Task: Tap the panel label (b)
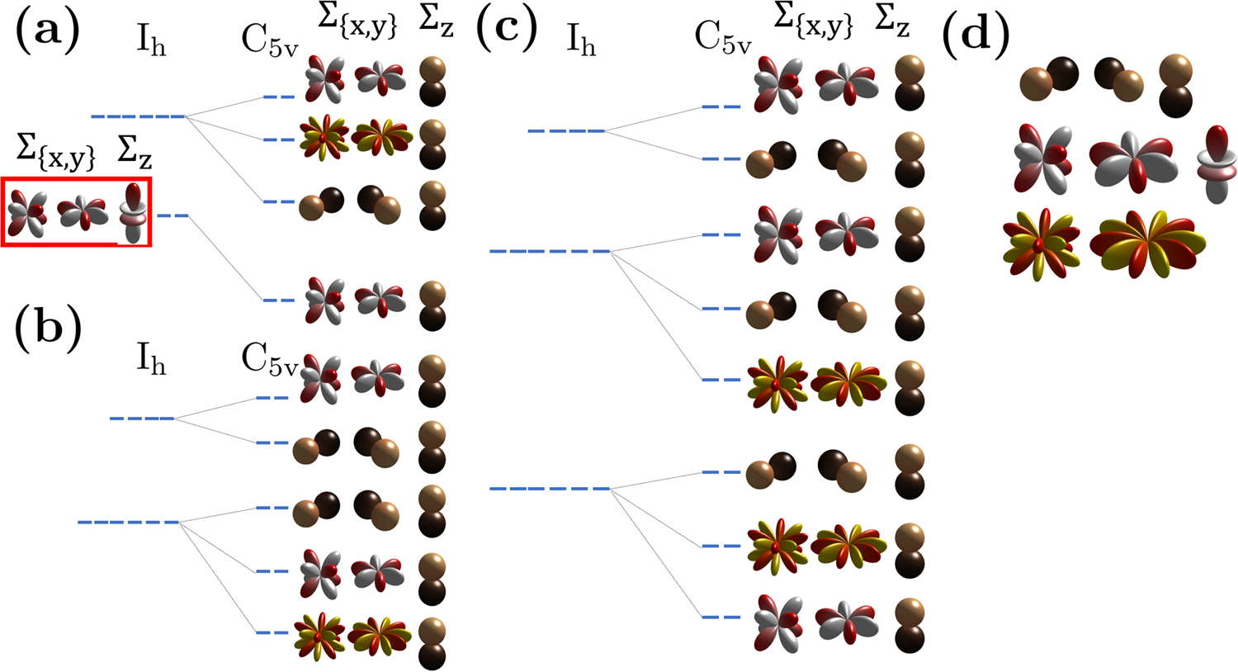click(47, 328)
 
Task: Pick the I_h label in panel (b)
click(151, 361)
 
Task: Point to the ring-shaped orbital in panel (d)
click(1217, 164)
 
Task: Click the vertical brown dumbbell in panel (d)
click(1175, 86)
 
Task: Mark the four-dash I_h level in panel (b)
click(142, 419)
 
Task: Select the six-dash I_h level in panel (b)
click(129, 522)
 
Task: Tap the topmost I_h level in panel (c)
click(565, 130)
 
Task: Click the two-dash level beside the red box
click(172, 216)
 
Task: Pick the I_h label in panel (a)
click(151, 41)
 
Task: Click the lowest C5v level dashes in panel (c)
click(721, 617)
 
